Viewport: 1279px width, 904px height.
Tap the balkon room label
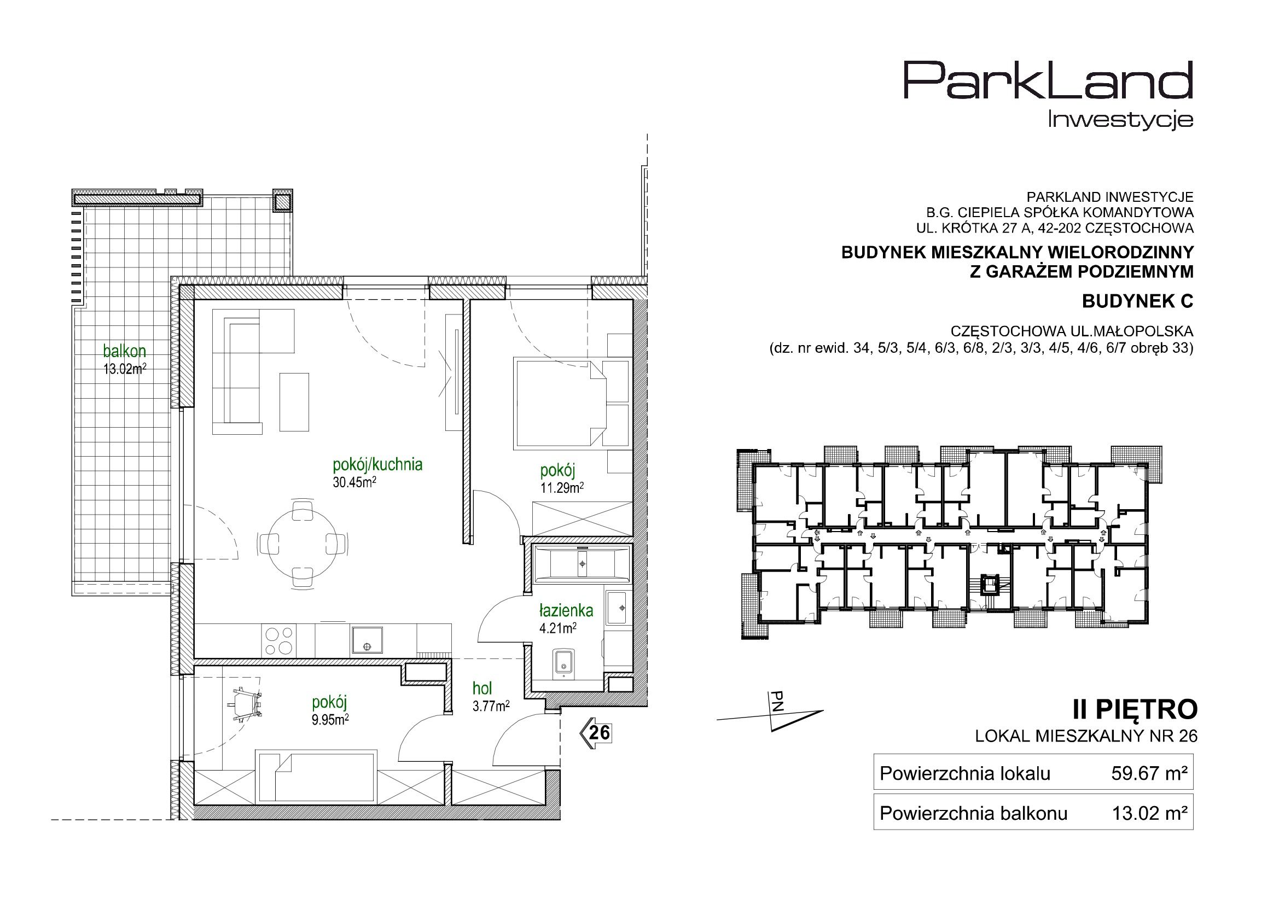[x=125, y=352]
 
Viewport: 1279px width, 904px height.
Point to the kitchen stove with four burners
[x=278, y=640]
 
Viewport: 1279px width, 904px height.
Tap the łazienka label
[x=566, y=611]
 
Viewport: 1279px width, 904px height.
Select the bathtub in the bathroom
[x=582, y=564]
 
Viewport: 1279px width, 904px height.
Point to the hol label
[x=482, y=689]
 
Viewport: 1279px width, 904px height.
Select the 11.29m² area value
[x=562, y=488]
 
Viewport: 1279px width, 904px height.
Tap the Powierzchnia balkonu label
[x=973, y=814]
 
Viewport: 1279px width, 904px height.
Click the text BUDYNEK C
[x=1137, y=301]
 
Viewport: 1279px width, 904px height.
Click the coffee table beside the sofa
[x=294, y=401]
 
